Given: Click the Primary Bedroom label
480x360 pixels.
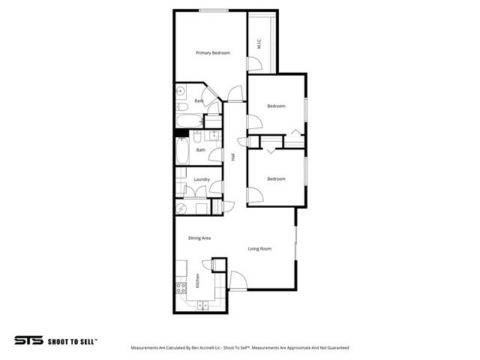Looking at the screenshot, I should pos(212,53).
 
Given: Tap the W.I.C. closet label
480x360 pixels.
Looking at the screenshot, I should pos(259,45).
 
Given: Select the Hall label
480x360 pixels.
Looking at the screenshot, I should pos(233,157).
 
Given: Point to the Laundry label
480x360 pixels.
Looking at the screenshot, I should pos(202,179).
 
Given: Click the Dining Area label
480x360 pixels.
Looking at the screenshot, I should pos(199,238).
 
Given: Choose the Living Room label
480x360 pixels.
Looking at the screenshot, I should pos(259,248).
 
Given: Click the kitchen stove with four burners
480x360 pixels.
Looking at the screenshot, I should pos(181,286).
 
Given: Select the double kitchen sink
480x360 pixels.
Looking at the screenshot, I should pos(202,304).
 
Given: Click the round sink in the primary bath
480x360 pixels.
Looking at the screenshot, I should pos(181,94).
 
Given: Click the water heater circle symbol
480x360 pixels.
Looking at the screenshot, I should pos(181,208).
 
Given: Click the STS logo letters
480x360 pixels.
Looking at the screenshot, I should pos(28,340).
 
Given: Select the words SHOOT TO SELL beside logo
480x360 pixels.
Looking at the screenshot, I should pos(72,340).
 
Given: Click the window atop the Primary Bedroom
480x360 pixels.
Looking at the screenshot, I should pos(214,10).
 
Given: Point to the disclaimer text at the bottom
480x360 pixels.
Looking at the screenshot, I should pos(239,348).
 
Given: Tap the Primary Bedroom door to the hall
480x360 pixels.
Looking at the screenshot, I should pos(235,93).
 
